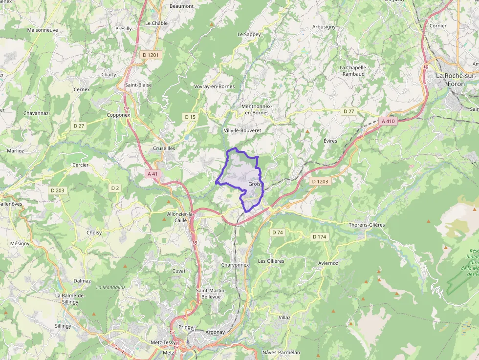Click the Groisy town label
point(255,184)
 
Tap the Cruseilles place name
point(164,148)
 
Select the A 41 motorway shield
point(152,173)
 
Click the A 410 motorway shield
point(388,121)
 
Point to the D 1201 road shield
point(151,55)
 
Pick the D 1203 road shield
point(321,181)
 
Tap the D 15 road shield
point(190,117)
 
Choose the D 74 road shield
point(278,232)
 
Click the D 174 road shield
point(319,237)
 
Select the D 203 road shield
point(57,190)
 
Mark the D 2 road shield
point(115,188)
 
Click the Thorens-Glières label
point(367,225)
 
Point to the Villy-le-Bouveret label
point(242,131)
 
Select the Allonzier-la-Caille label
point(180,217)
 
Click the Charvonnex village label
point(235,265)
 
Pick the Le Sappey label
point(249,34)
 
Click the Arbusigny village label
point(324,27)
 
